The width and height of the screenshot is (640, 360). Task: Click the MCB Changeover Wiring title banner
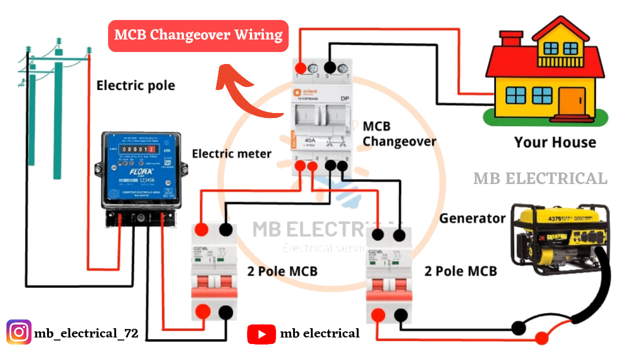(x=198, y=35)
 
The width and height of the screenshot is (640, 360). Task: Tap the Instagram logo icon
(x=19, y=332)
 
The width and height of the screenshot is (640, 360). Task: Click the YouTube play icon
(x=261, y=334)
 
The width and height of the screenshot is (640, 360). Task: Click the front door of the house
(x=572, y=100)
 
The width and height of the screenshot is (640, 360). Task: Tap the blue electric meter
(x=140, y=169)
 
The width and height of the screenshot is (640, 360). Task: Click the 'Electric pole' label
(x=135, y=85)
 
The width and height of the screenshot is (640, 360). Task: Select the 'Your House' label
(x=555, y=142)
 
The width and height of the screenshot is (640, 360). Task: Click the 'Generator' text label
(x=472, y=218)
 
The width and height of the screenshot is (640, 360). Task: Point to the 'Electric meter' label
(x=231, y=153)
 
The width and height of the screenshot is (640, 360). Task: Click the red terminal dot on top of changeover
(x=301, y=68)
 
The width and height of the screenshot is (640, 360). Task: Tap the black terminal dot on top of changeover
(x=330, y=67)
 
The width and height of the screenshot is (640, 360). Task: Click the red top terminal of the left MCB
(x=201, y=229)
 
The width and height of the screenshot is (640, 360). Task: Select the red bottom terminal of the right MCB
(x=377, y=315)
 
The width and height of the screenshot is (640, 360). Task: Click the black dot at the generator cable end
(x=518, y=328)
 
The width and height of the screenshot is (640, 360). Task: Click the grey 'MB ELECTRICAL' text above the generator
(x=540, y=178)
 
